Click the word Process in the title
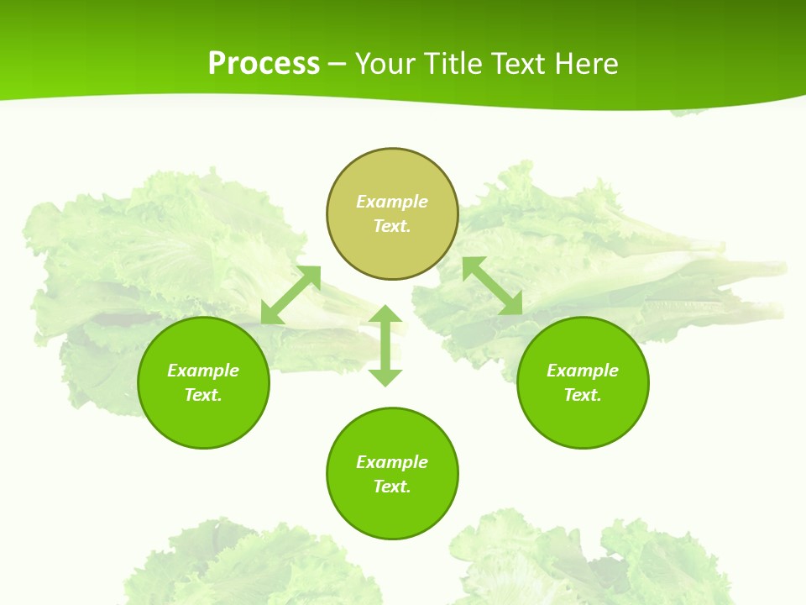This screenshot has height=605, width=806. (x=264, y=64)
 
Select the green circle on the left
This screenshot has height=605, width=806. (x=203, y=420)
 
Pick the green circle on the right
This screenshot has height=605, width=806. (x=583, y=420)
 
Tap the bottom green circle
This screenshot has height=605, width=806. (x=392, y=513)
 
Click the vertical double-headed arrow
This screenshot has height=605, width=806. (x=385, y=345)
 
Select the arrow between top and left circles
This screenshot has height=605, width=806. (x=290, y=295)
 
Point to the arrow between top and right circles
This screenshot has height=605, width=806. (x=492, y=286)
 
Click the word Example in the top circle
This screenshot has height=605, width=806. (x=392, y=202)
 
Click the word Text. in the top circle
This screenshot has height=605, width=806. (x=392, y=226)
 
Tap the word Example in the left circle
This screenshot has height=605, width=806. (x=203, y=371)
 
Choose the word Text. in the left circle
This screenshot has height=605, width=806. (x=203, y=395)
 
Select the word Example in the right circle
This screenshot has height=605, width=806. (x=583, y=371)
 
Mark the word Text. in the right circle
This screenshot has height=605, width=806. (x=583, y=395)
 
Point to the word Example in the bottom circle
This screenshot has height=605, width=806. (x=392, y=462)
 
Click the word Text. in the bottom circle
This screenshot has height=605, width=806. (x=392, y=487)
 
